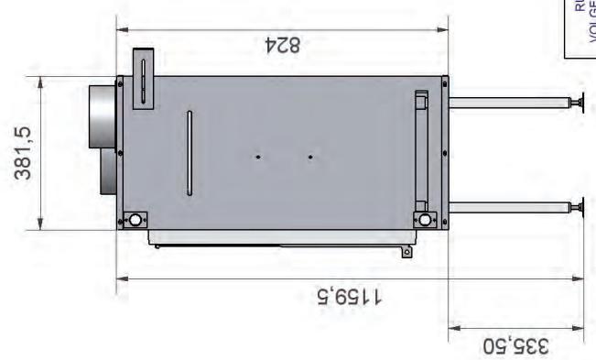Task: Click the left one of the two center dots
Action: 258,157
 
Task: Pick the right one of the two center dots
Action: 310,157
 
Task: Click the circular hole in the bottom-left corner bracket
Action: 135,220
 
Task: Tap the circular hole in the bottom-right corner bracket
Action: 425,220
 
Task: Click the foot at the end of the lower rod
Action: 577,207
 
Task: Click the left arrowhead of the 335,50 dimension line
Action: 452,326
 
